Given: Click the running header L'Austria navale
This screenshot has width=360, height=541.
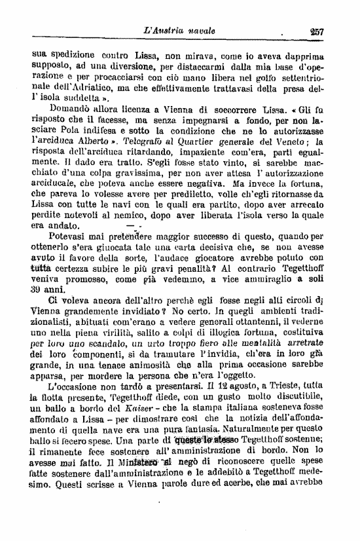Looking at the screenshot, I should click(183, 30).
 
